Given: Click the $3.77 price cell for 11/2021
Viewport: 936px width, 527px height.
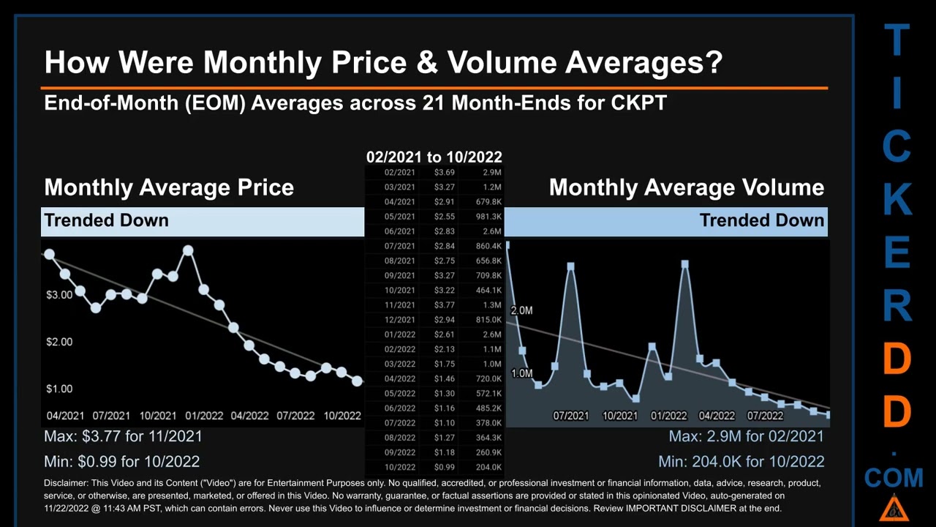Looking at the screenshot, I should (444, 305).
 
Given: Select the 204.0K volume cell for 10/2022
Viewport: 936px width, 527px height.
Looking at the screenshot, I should (488, 467).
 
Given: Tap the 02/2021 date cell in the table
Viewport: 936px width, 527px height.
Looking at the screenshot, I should (399, 173).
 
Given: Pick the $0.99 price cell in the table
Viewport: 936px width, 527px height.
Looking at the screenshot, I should (444, 467).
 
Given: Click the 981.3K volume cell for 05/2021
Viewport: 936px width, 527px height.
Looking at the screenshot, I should (488, 217).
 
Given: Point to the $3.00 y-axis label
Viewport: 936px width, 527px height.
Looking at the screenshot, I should (59, 295).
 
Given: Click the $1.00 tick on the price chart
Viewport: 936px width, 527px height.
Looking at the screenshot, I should (59, 389).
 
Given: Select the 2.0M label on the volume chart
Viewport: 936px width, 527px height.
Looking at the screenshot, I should (521, 311).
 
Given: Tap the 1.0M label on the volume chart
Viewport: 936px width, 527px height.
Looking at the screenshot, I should (521, 374).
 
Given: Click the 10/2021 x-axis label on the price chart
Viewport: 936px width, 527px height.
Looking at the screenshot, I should (157, 416).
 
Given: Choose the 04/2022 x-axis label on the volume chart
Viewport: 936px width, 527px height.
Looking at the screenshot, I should (717, 416).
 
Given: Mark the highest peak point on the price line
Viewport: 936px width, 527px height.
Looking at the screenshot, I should (188, 251).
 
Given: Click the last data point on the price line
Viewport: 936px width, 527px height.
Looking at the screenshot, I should (357, 381).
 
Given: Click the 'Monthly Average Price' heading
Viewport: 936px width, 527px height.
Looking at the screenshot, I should (169, 187).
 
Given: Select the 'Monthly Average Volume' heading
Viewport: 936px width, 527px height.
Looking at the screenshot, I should (686, 187).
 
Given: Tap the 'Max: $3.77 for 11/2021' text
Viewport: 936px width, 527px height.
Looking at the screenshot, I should (123, 436).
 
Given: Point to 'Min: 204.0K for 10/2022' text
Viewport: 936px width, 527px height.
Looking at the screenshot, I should (741, 462).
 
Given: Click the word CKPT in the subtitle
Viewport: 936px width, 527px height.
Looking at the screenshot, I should (638, 102).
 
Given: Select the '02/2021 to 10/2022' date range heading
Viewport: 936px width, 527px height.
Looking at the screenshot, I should (434, 157).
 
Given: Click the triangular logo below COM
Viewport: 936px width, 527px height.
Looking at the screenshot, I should (893, 507).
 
